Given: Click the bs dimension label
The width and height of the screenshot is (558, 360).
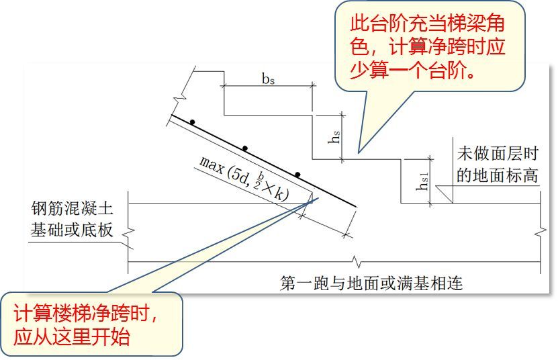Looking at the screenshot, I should pyautogui.click(x=269, y=78).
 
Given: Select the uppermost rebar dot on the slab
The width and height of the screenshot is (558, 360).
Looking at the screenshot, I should pyautogui.click(x=192, y=122).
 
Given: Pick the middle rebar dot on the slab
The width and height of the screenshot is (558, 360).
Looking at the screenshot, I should pyautogui.click(x=245, y=148).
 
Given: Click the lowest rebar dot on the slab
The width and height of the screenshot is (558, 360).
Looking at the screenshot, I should pyautogui.click(x=296, y=173).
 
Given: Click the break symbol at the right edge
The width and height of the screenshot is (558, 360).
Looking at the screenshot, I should pyautogui.click(x=540, y=232).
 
